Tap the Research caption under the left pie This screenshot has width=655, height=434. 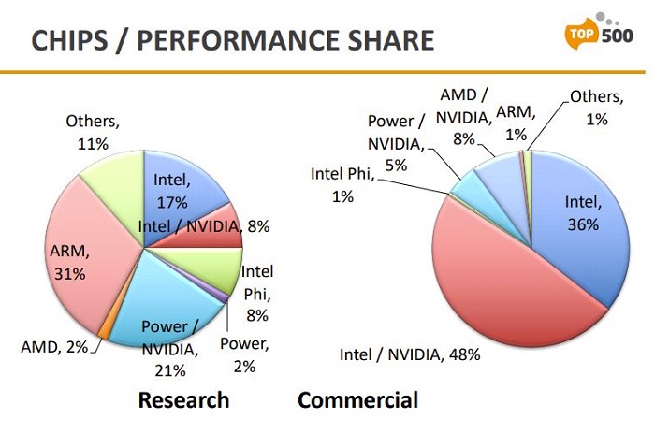(x=183, y=400)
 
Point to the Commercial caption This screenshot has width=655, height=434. (x=357, y=400)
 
